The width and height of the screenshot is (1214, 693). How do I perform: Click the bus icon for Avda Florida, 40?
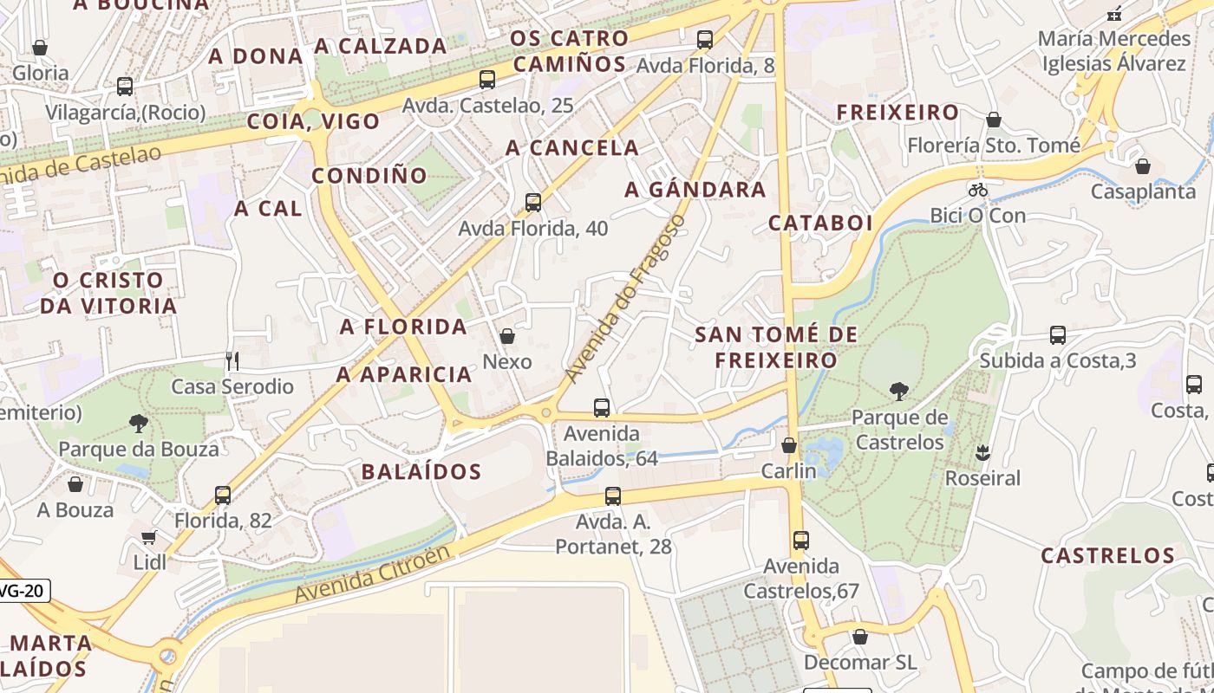click(x=533, y=203)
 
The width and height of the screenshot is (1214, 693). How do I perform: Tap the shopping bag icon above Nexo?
click(x=507, y=336)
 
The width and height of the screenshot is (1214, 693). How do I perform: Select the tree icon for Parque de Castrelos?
click(x=899, y=392)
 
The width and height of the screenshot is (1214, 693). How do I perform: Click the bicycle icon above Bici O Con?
click(x=978, y=190)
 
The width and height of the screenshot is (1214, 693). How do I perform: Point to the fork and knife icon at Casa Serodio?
click(x=232, y=360)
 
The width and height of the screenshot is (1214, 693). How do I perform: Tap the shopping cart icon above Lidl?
click(x=149, y=537)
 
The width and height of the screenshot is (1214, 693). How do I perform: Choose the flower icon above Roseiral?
click(x=982, y=452)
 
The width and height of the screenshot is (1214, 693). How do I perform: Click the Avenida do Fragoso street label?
click(x=623, y=299)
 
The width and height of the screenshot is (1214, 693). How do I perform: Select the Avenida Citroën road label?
click(x=373, y=573)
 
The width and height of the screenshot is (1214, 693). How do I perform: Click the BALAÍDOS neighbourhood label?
click(x=421, y=472)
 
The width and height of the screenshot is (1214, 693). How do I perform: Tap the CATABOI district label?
click(x=820, y=223)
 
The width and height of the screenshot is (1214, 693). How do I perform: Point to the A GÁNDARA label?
click(x=695, y=190)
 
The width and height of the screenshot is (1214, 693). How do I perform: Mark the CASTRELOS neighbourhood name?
click(x=1107, y=555)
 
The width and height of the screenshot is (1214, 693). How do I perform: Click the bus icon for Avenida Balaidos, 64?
click(x=602, y=407)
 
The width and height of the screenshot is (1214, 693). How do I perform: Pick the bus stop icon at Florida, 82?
click(x=223, y=495)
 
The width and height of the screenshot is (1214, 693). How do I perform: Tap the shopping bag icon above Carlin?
click(x=789, y=445)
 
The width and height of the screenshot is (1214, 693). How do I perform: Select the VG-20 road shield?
click(x=23, y=591)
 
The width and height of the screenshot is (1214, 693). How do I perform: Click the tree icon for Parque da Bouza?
click(x=138, y=424)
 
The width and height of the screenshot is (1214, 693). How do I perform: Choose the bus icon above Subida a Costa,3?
click(x=1057, y=334)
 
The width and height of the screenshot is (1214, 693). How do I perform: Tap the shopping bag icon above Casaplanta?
click(x=1143, y=166)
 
